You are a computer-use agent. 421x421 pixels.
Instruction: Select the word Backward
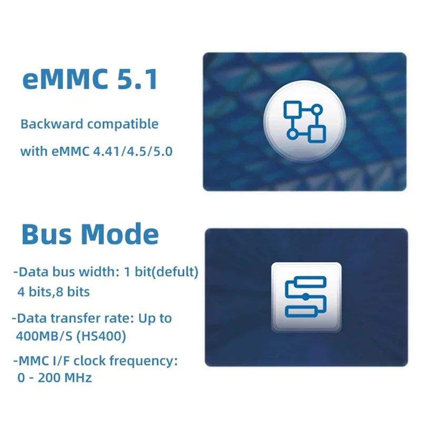pyautogui.click(x=51, y=125)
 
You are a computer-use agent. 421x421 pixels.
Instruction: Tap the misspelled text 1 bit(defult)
pyautogui.click(x=163, y=273)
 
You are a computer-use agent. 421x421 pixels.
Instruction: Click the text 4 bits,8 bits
pyautogui.click(x=54, y=291)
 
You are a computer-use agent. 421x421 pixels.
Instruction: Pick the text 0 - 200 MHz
pyautogui.click(x=55, y=377)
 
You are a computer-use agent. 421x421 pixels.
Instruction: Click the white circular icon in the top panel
pyautogui.click(x=305, y=121)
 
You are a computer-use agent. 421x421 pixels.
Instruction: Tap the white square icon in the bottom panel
pyautogui.click(x=306, y=297)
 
